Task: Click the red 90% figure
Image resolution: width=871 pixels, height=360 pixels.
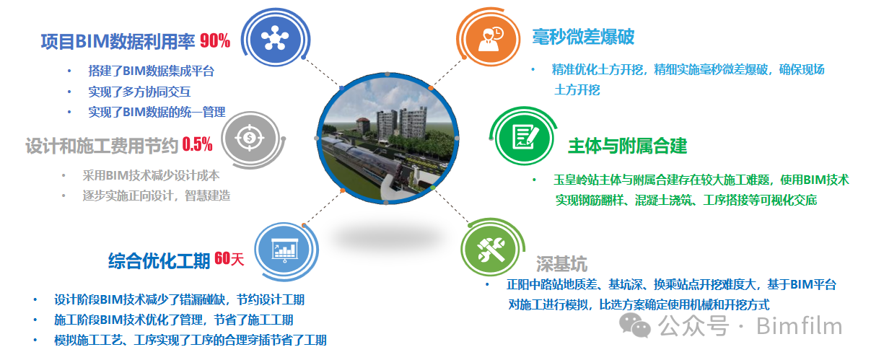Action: click(x=215, y=40)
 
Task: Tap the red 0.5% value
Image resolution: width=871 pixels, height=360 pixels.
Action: click(x=197, y=144)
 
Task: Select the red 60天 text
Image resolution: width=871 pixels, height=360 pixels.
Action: click(x=229, y=258)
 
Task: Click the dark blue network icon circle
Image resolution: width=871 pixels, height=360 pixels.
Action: click(x=275, y=38)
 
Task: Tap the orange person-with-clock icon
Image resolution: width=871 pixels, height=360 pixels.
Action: click(x=490, y=39)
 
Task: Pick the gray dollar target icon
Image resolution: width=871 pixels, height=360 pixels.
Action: click(x=250, y=138)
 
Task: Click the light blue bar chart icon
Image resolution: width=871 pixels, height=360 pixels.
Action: click(x=284, y=249)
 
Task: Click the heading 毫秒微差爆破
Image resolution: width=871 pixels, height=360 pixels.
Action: click(x=583, y=38)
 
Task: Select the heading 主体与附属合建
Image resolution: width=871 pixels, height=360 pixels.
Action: click(x=628, y=146)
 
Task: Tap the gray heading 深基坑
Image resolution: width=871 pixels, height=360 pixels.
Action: click(x=561, y=264)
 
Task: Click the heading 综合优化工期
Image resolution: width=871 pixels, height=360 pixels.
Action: click(x=159, y=261)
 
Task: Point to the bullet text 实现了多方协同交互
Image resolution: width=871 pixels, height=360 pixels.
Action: click(x=139, y=92)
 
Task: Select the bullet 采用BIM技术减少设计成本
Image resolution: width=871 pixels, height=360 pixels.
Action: click(x=151, y=176)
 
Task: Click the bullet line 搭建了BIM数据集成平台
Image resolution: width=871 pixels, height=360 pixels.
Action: click(x=152, y=71)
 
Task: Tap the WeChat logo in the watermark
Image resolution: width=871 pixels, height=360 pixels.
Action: click(x=634, y=325)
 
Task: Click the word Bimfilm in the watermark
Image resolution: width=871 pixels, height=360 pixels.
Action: click(x=799, y=326)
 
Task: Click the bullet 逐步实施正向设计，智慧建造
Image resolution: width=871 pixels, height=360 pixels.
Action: click(x=157, y=196)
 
